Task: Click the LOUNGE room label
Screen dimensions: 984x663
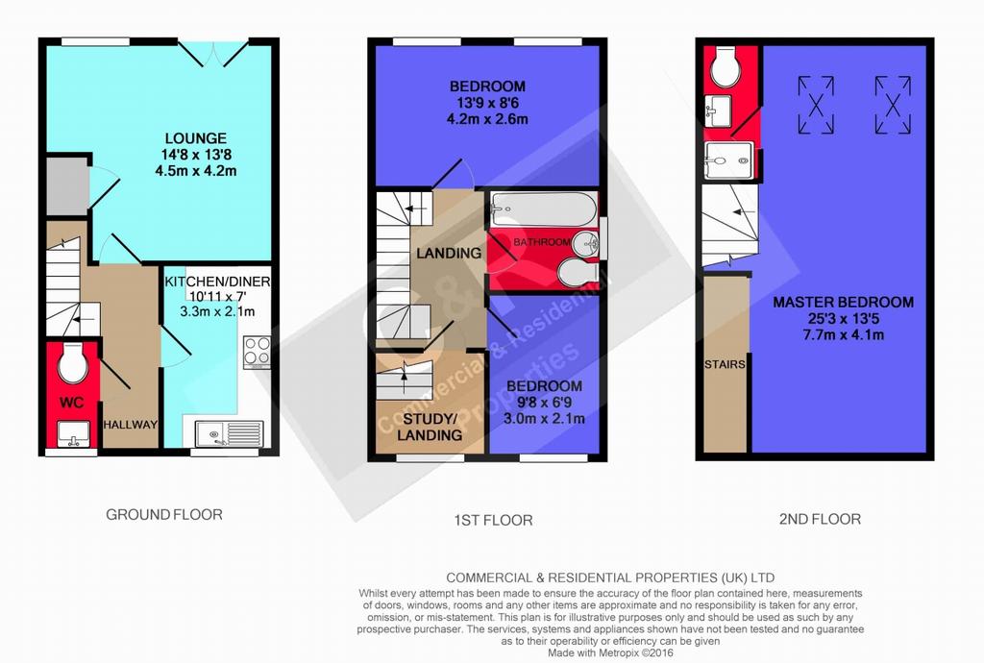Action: point(195,138)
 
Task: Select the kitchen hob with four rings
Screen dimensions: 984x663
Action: point(258,352)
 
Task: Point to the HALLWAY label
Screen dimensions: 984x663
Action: point(131,425)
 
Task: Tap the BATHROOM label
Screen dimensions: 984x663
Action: point(542,241)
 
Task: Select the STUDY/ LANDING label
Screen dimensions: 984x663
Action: point(430,427)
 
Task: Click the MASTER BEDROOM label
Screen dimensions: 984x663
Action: point(843,303)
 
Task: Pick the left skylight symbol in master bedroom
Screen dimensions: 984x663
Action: point(816,105)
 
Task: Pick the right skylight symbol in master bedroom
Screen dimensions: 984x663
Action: point(893,105)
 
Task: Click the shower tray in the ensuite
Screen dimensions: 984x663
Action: point(728,160)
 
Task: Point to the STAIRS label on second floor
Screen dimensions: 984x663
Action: point(725,364)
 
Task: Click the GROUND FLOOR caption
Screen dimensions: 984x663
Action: point(163,515)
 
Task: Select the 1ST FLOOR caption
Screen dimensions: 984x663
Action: point(493,520)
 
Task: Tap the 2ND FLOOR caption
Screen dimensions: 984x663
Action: point(820,520)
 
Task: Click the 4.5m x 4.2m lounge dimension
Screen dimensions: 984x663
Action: point(196,171)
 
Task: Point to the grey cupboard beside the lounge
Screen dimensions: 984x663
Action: point(66,186)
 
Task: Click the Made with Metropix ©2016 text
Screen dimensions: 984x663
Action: point(610,653)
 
